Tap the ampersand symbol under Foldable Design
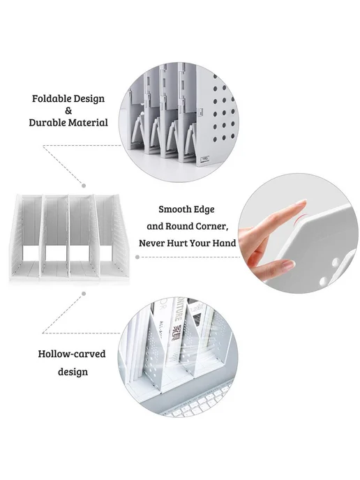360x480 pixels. pyautogui.click(x=68, y=110)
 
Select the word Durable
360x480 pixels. pyautogui.click(x=47, y=123)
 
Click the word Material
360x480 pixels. pyautogui.click(x=88, y=123)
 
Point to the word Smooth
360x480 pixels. pyautogui.click(x=174, y=209)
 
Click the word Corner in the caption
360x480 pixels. pyautogui.click(x=212, y=227)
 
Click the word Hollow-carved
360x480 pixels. pyautogui.click(x=72, y=354)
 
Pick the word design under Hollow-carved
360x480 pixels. pyautogui.click(x=73, y=373)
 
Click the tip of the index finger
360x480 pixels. pyautogui.click(x=304, y=202)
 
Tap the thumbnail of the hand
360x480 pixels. pyautogui.click(x=288, y=264)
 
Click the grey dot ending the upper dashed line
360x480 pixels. pyautogui.click(x=84, y=186)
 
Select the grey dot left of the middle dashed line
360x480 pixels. pyautogui.click(x=137, y=257)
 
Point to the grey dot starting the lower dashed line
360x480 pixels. pyautogui.click(x=84, y=294)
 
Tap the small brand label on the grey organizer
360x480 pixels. pyautogui.click(x=205, y=159)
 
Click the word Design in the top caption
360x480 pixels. pyautogui.click(x=89, y=98)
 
